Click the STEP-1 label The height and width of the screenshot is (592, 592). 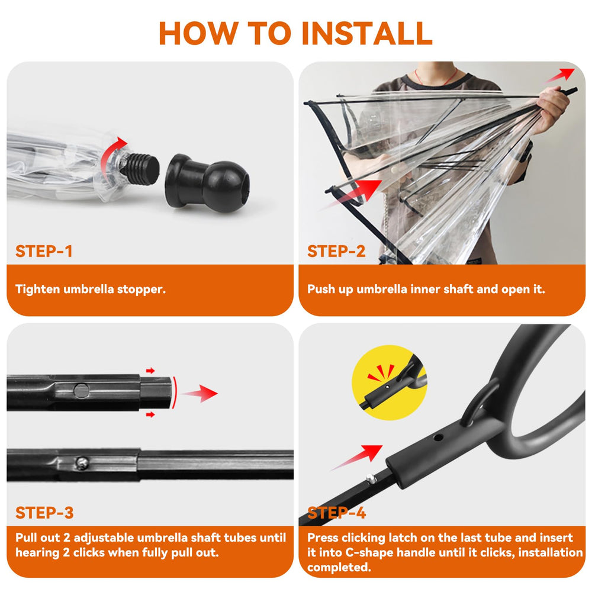[x=44, y=251]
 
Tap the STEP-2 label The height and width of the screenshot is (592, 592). [x=336, y=251]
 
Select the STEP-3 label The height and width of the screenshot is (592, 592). [x=45, y=513]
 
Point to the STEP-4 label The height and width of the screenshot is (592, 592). [x=336, y=513]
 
